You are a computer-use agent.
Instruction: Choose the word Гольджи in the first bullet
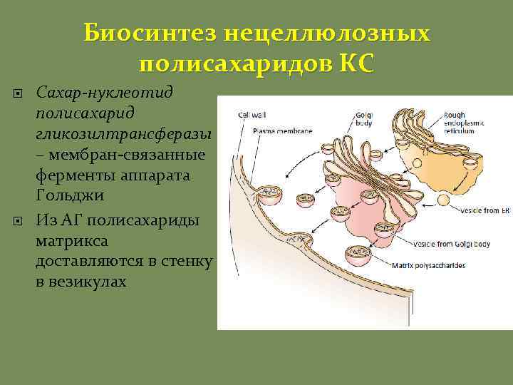[65, 195]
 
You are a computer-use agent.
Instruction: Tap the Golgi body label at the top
[363, 117]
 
